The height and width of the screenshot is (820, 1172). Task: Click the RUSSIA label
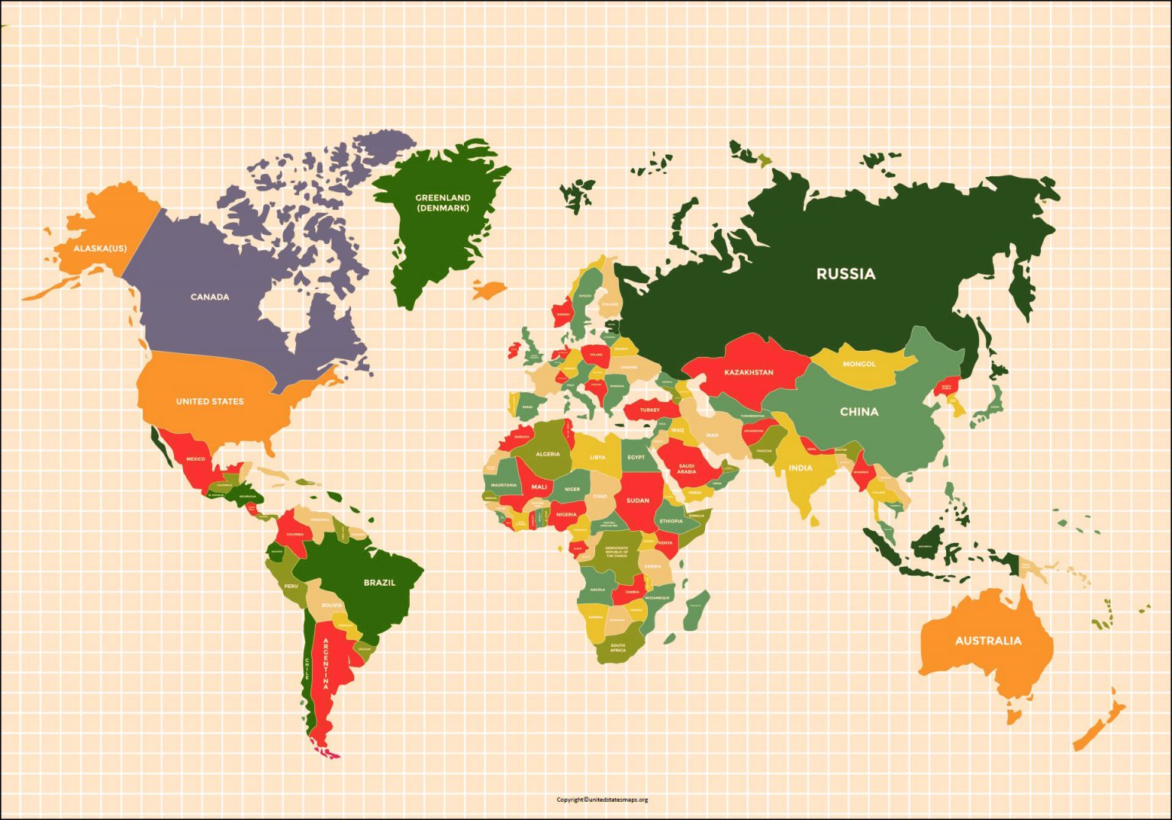pos(845,274)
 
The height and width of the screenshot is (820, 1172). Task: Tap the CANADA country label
pos(210,297)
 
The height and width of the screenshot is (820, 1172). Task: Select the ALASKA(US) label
pos(100,249)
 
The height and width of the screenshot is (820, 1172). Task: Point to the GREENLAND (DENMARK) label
pos(443,203)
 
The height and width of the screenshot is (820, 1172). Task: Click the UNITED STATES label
pos(210,401)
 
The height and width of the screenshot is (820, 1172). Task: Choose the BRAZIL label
pos(379,583)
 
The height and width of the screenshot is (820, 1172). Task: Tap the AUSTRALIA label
pos(988,641)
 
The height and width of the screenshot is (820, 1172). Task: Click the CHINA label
pos(859,412)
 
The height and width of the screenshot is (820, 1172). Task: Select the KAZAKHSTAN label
pos(749,372)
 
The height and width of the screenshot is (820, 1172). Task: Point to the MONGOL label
pos(859,364)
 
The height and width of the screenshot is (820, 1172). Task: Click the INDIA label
pos(800,468)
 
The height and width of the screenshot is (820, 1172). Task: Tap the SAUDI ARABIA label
pos(686,469)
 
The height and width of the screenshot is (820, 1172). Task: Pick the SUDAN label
pos(638,500)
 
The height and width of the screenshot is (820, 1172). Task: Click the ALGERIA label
pos(548,454)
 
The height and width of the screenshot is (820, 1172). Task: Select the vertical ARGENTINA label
pos(327,664)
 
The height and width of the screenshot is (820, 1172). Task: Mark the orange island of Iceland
pos(488,290)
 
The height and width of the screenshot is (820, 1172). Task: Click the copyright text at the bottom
pos(602,799)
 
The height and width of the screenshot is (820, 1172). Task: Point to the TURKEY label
pos(649,410)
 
